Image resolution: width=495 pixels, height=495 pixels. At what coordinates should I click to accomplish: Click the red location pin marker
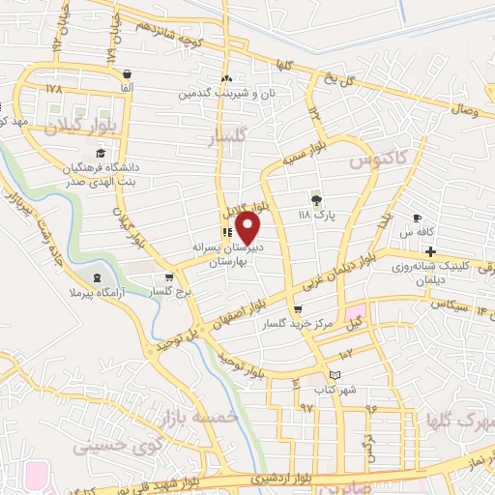pyautogui.click(x=248, y=228)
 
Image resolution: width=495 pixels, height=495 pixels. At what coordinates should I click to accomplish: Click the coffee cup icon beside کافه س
pyautogui.click(x=417, y=218)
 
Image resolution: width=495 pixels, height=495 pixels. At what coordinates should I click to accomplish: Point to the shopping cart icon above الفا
pyautogui.click(x=127, y=73)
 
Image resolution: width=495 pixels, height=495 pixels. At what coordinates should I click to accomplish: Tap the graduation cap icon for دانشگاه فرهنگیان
pyautogui.click(x=100, y=153)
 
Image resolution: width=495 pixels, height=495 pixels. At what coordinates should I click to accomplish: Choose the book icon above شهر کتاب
pyautogui.click(x=335, y=375)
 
